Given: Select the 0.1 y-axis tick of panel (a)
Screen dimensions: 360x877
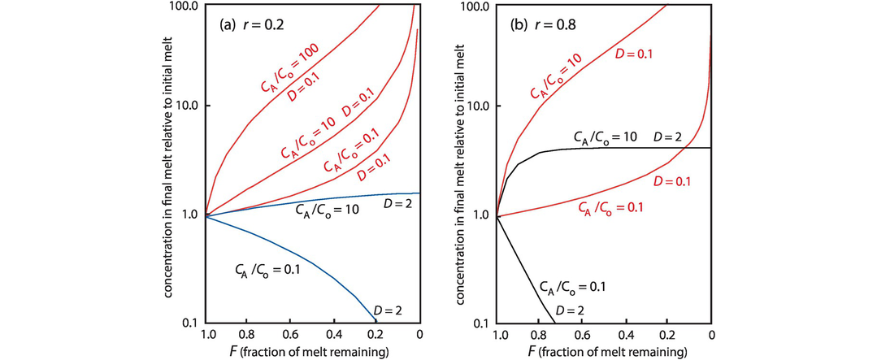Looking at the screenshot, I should (x=192, y=324).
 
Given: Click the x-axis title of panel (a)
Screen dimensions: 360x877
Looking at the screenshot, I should (x=314, y=351).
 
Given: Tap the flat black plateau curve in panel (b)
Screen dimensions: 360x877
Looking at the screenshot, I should (x=634, y=148).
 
